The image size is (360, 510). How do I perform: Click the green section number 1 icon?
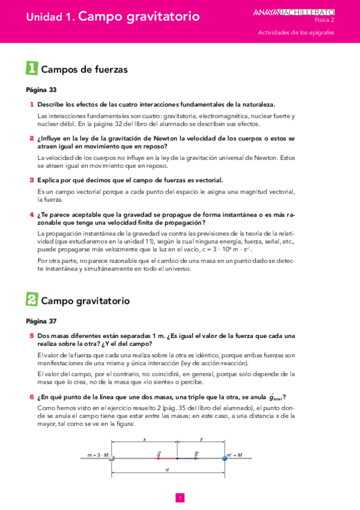click(32, 69)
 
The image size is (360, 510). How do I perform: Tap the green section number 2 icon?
click(32, 299)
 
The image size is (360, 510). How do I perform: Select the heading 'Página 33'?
click(41, 90)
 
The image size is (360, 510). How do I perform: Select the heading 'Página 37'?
click(41, 321)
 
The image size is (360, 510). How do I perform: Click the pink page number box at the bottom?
click(180, 497)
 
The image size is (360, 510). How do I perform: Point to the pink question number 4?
click(31, 215)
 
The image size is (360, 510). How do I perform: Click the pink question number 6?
click(31, 397)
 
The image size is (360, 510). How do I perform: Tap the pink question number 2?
click(31, 138)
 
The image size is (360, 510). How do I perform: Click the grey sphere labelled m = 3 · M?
click(111, 458)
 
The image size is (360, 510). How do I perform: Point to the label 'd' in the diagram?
click(166, 470)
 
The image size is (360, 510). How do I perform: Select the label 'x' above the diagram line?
click(144, 440)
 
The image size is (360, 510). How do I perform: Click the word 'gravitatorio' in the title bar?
click(160, 17)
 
